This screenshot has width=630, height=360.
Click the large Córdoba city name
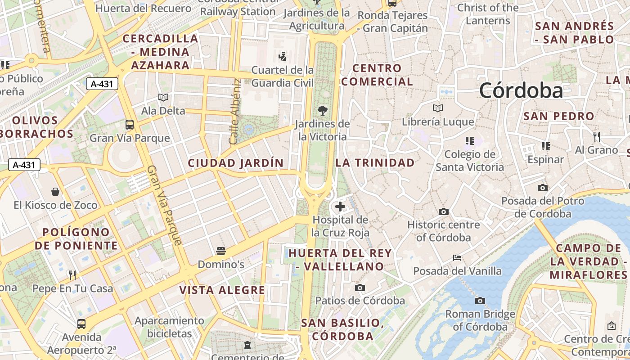(x=521, y=90)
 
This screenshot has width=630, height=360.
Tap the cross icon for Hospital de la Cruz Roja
(x=340, y=207)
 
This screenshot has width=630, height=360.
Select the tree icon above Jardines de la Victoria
(x=322, y=110)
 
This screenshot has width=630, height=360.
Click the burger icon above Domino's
(x=220, y=251)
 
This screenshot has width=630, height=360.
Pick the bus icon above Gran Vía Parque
(x=130, y=125)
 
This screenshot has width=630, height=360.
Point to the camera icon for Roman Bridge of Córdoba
(x=480, y=301)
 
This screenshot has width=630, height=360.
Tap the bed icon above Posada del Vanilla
(x=457, y=258)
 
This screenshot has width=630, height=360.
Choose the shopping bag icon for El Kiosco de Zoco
(x=55, y=192)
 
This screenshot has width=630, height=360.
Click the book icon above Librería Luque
(x=438, y=108)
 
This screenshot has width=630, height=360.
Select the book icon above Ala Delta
(x=163, y=97)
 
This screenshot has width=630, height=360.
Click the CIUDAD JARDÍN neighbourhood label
(x=236, y=163)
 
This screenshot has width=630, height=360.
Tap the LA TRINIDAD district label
(x=375, y=162)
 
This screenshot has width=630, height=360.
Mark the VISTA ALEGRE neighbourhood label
(x=222, y=290)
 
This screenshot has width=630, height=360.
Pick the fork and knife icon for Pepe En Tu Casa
(x=72, y=275)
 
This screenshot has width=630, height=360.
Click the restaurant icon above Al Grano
(x=597, y=136)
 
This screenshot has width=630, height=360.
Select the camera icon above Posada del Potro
(x=543, y=188)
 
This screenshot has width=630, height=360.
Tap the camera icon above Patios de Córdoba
(x=360, y=288)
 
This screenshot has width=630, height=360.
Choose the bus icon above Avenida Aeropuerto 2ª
(x=81, y=324)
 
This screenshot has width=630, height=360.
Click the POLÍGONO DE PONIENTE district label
(x=76, y=239)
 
